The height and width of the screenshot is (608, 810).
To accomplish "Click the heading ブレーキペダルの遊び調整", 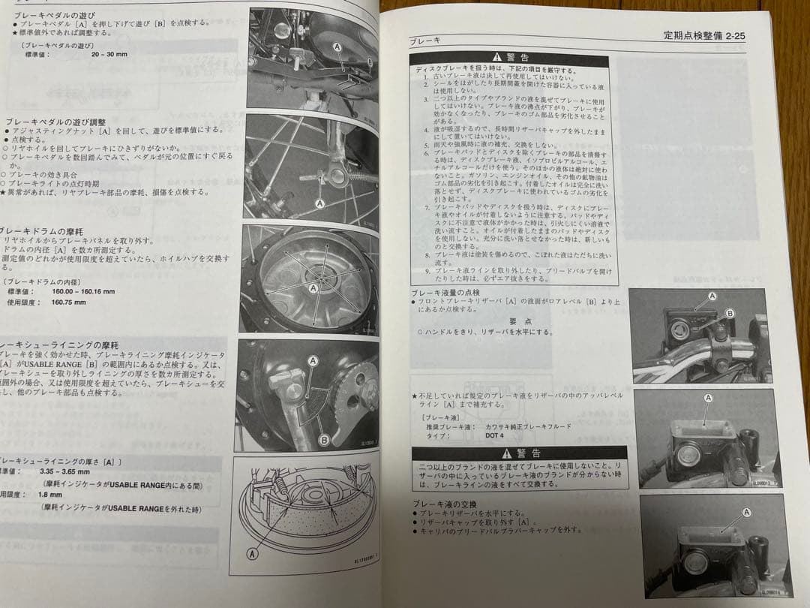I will pyautogui.click(x=55, y=121).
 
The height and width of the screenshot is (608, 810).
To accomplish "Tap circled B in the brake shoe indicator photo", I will pyautogui.click(x=324, y=439).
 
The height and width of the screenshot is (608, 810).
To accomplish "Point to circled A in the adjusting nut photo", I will pyautogui.click(x=320, y=203).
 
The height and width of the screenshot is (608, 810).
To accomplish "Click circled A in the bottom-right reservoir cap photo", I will pyautogui.click(x=746, y=513).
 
